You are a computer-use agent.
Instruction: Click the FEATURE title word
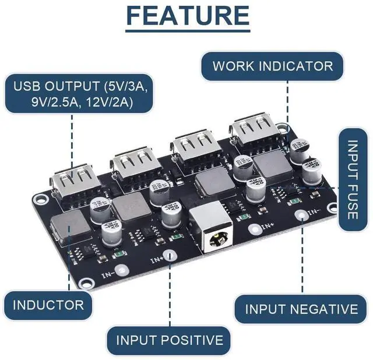pos(187,16)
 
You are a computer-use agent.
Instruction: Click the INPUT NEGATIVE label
pos(301,308)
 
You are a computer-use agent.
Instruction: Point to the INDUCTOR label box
pos(48,305)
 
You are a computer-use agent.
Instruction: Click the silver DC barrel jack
pos(212,235)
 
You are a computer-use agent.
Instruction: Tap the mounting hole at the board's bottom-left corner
pos(86,283)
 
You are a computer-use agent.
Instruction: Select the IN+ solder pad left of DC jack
pos(169,255)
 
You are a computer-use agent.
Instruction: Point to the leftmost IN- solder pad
pos(121,270)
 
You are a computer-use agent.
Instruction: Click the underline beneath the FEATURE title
pos(187,30)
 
